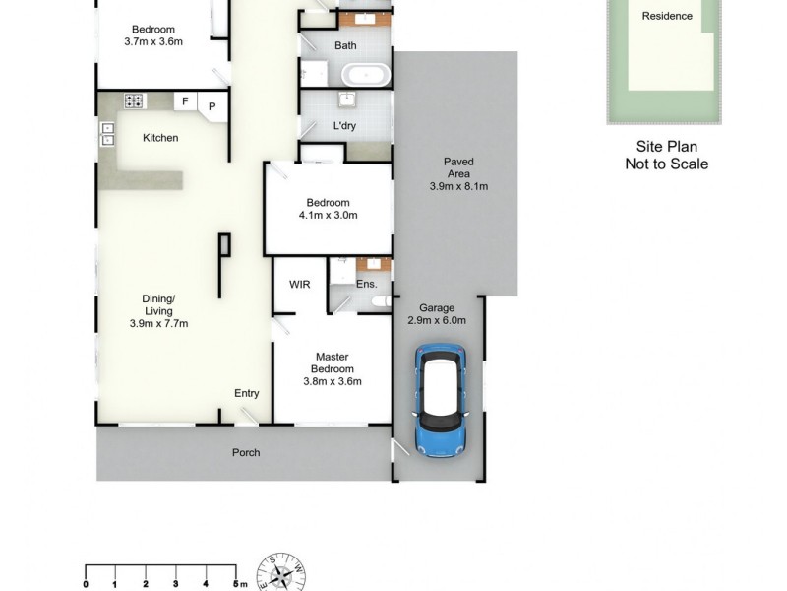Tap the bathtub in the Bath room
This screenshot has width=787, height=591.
pyautogui.click(x=363, y=74)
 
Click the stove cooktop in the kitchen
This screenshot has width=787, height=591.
pyautogui.click(x=134, y=101)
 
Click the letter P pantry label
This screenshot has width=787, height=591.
pyautogui.click(x=212, y=105)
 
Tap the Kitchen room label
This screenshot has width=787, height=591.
pyautogui.click(x=160, y=138)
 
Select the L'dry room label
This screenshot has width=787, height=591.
pyautogui.click(x=344, y=126)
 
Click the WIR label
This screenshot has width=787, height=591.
pyautogui.click(x=300, y=284)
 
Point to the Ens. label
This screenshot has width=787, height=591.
pyautogui.click(x=366, y=284)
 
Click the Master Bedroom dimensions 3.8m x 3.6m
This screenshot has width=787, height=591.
pyautogui.click(x=333, y=381)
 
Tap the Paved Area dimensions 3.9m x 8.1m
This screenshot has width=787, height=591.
pyautogui.click(x=458, y=186)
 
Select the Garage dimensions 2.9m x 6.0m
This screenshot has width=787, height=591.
pyautogui.click(x=436, y=320)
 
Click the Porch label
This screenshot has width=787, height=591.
pyautogui.click(x=245, y=453)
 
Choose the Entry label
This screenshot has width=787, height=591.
pyautogui.click(x=246, y=393)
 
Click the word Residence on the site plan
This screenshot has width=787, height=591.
pyautogui.click(x=667, y=16)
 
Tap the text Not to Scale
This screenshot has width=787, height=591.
pyautogui.click(x=666, y=164)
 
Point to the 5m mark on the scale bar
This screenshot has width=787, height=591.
pyautogui.click(x=235, y=584)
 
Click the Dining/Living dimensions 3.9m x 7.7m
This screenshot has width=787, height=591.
pyautogui.click(x=158, y=323)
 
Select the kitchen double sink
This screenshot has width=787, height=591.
pyautogui.click(x=106, y=135)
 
